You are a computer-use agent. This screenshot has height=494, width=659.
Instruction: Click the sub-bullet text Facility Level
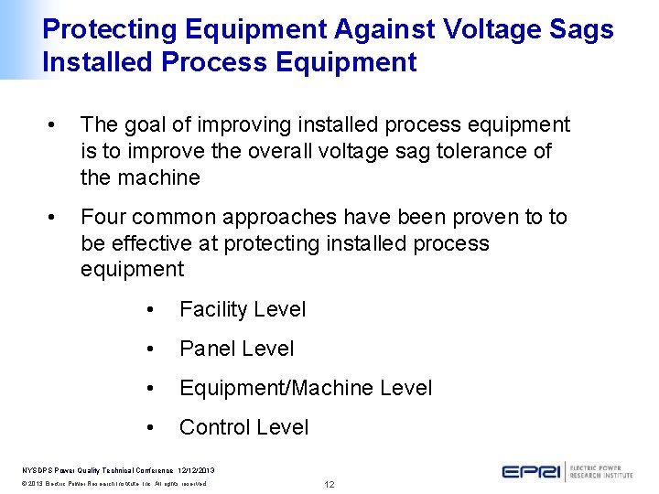pos(243,309)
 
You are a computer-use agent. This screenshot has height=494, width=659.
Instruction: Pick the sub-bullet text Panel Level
pos(236,349)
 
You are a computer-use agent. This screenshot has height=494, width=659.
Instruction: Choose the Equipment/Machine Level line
pos(306,388)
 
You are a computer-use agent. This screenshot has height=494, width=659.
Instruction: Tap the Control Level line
pos(243,427)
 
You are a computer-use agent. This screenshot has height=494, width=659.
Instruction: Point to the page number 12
pos(329,484)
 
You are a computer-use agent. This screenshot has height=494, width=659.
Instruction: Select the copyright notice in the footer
pos(114,483)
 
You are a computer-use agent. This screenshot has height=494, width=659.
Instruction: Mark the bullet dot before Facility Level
pos(150,310)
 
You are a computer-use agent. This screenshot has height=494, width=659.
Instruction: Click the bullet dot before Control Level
pos(150,428)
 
